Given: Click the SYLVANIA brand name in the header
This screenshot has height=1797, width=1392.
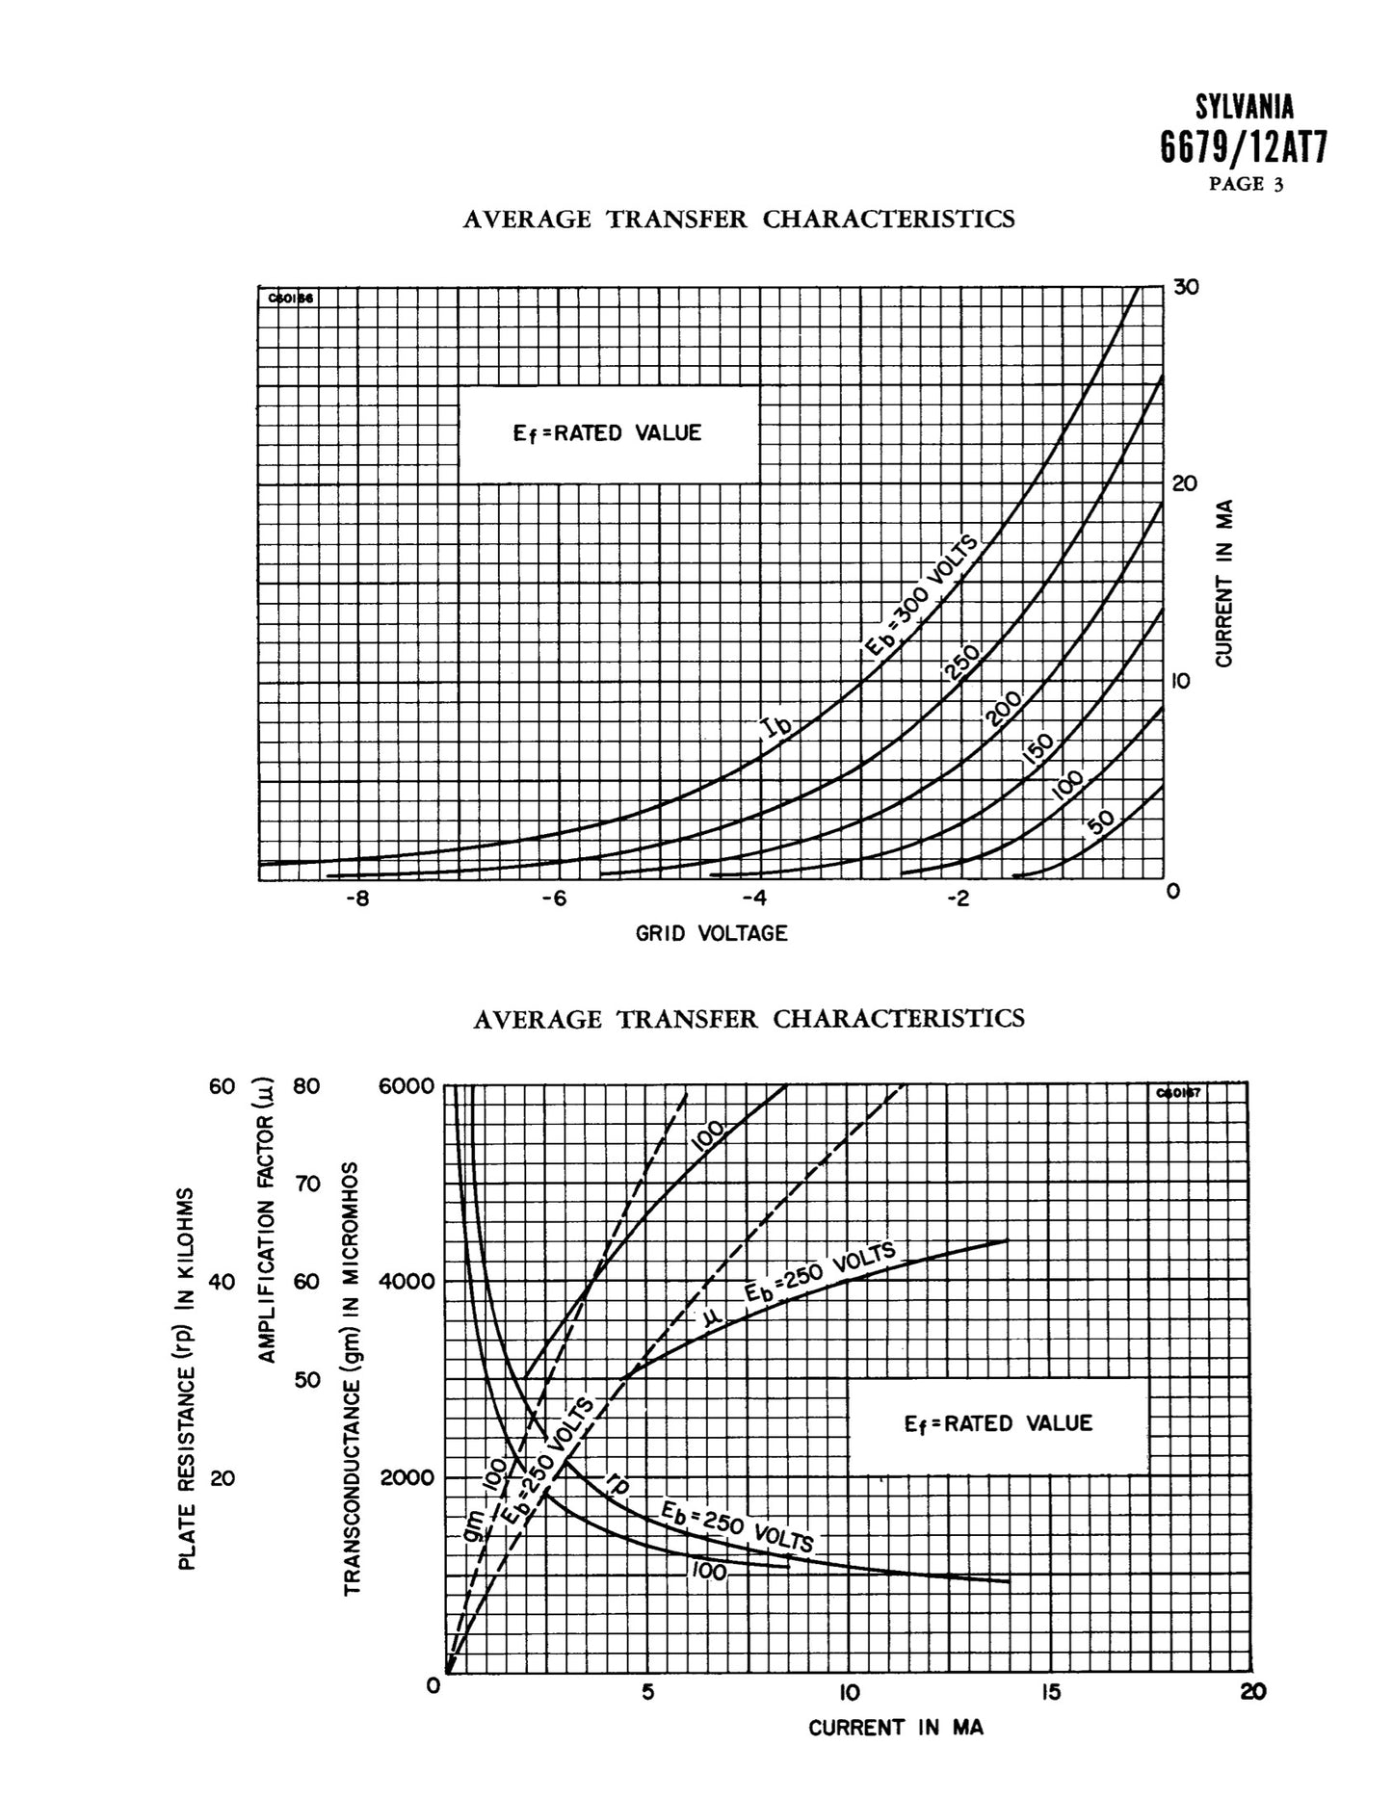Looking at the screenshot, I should pyautogui.click(x=1245, y=107).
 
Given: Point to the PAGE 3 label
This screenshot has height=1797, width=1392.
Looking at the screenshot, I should pyautogui.click(x=1247, y=185).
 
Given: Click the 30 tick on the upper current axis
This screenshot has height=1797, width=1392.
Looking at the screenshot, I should pyautogui.click(x=1186, y=287).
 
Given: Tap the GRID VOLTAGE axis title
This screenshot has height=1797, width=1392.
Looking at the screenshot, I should pyautogui.click(x=711, y=933).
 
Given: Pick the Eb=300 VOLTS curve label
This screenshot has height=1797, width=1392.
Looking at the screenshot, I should pyautogui.click(x=919, y=596).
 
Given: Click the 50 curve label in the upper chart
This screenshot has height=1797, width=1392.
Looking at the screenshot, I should pyautogui.click(x=1099, y=821).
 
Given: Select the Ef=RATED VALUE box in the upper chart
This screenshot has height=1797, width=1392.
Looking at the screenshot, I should pyautogui.click(x=608, y=433).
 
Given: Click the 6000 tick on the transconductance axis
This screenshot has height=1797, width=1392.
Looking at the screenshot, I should pyautogui.click(x=408, y=1085).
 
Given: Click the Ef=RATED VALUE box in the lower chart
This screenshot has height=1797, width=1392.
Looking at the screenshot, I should pyautogui.click(x=998, y=1423).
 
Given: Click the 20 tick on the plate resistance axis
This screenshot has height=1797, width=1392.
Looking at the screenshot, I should pyautogui.click(x=223, y=1477).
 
